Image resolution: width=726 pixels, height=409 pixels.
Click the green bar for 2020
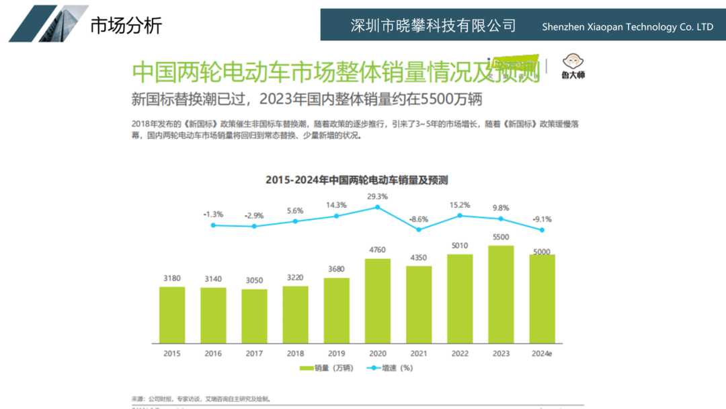(378, 301)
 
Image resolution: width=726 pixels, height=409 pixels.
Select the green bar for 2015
(172, 315)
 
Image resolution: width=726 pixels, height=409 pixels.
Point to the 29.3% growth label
(378, 196)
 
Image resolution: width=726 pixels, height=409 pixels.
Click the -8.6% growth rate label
(419, 219)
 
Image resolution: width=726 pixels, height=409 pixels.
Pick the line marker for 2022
(460, 215)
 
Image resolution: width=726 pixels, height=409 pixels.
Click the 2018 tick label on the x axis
(295, 353)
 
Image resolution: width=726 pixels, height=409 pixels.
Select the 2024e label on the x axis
(541, 353)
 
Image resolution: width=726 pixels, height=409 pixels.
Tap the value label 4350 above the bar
(419, 258)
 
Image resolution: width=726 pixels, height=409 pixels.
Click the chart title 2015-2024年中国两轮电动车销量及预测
(356, 180)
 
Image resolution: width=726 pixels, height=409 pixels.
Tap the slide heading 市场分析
(126, 26)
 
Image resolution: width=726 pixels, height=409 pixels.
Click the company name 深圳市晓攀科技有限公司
(434, 26)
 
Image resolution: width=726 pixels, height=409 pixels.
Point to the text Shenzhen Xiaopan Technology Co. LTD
(628, 27)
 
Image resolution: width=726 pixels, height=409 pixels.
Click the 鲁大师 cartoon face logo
(573, 61)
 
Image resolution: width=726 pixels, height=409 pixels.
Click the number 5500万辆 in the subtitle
(452, 99)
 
